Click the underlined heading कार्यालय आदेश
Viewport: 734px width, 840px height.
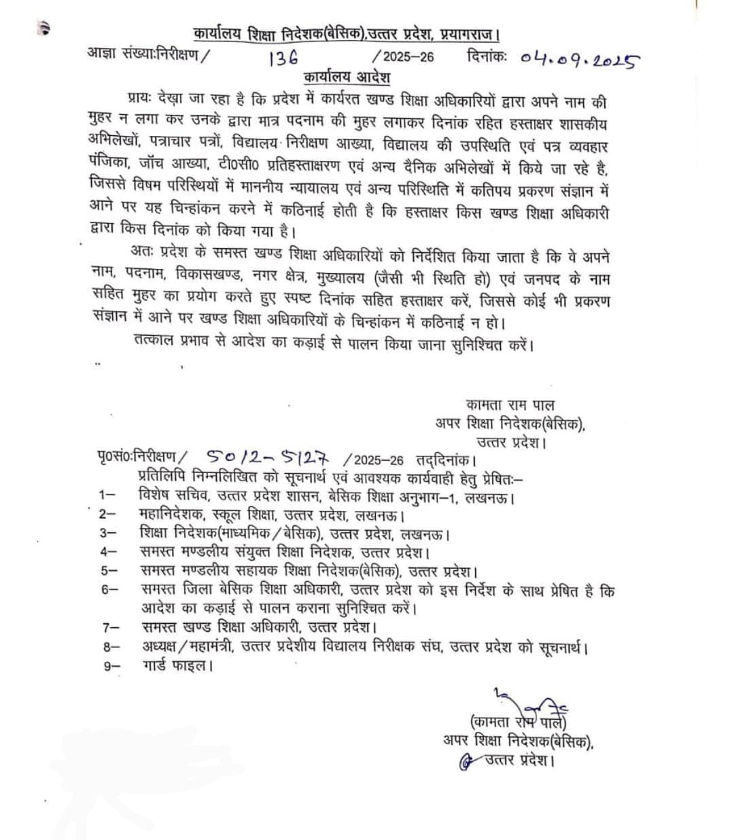347,77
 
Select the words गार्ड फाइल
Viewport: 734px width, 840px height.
176,666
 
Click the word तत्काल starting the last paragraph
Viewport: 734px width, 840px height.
157,343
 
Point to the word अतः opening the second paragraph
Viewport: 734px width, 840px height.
143,257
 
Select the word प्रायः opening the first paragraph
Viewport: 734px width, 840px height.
141,103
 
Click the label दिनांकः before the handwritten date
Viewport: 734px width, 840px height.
487,58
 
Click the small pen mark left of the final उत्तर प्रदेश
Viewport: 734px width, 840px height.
466,761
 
